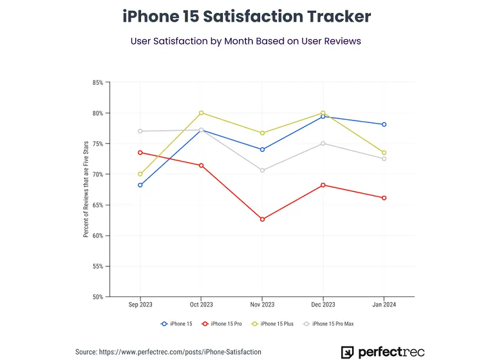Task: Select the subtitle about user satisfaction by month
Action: click(x=245, y=41)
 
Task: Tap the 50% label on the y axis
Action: click(x=97, y=297)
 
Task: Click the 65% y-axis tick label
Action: click(x=97, y=205)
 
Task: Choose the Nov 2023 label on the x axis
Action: click(x=262, y=305)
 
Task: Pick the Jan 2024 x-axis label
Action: click(x=384, y=305)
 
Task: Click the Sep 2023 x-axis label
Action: click(x=140, y=305)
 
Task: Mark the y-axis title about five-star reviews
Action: click(x=86, y=190)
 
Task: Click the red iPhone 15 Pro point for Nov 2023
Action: click(x=262, y=220)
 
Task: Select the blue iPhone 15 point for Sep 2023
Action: click(x=140, y=185)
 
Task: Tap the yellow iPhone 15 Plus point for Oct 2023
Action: click(x=202, y=113)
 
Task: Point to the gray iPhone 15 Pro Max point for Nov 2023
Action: click(x=262, y=170)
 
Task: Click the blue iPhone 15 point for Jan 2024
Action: click(x=384, y=124)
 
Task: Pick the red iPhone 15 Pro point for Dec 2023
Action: click(x=323, y=185)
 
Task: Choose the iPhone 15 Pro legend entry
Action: click(x=222, y=323)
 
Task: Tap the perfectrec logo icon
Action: click(x=347, y=352)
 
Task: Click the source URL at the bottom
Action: click(x=169, y=352)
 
